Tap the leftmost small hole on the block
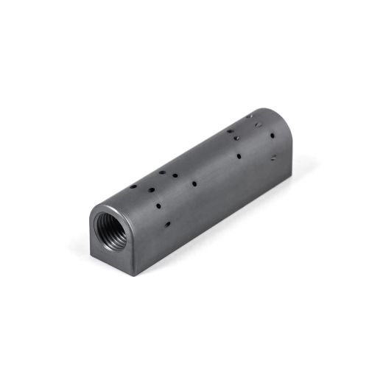point(133,187)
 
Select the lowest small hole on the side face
point(169,222)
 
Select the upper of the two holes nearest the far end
point(274,136)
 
